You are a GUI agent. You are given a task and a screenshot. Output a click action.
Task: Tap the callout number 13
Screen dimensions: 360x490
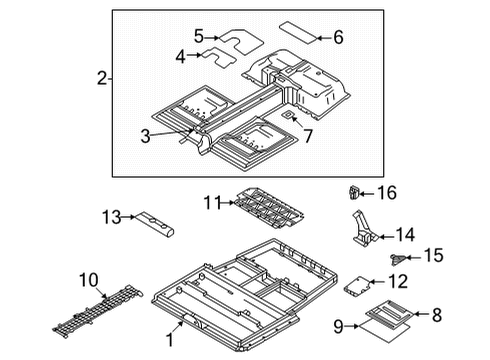coord(111,215)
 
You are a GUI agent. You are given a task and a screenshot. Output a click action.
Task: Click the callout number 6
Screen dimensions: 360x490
coord(338,38)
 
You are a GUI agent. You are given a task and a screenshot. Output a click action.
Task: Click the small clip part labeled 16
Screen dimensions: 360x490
coord(355,190)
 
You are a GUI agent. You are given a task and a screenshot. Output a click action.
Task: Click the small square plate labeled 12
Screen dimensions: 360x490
coord(355,286)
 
